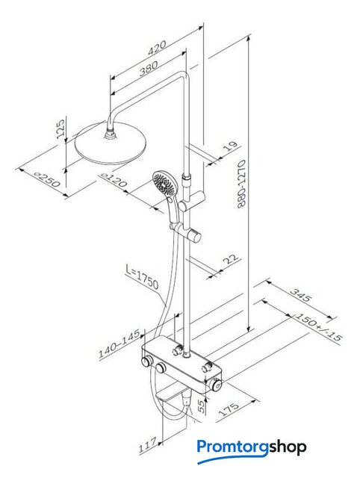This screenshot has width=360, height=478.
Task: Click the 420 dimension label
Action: (x=157, y=48)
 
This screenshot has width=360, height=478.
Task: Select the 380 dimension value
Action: (x=149, y=69)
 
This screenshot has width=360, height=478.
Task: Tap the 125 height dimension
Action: (x=61, y=129)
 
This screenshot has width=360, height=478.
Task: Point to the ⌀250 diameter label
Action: (x=47, y=179)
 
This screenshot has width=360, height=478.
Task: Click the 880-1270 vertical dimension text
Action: (x=241, y=184)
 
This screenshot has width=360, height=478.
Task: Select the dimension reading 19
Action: (x=230, y=146)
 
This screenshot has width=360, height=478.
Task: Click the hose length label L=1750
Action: (x=142, y=277)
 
